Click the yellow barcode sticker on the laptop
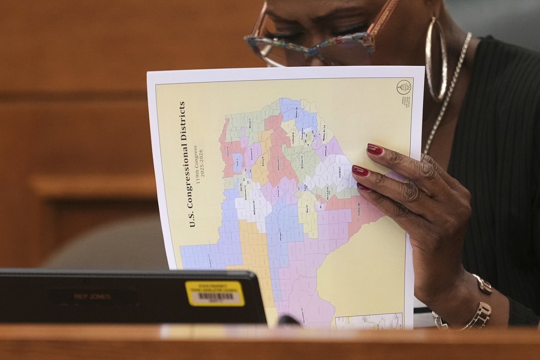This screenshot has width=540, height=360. pos(214,294)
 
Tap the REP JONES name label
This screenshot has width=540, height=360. pos(92,296)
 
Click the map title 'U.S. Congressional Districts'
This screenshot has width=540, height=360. pos(187,164)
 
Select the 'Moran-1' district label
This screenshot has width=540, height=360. pos(250,124)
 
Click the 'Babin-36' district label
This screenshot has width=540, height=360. pos(296,112)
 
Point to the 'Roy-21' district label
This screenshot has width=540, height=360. pos(307,209)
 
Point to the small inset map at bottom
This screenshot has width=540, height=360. pos(368,321)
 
